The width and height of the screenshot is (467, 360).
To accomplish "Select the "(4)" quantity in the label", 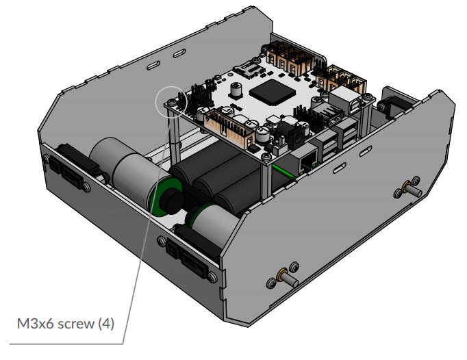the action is click(x=106, y=324).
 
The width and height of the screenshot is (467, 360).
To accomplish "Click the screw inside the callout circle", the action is click(x=172, y=103).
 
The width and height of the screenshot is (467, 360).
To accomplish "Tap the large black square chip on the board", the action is click(x=270, y=92).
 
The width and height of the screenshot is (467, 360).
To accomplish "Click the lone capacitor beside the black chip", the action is click(x=236, y=90).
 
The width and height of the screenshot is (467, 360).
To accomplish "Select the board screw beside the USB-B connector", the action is click(x=368, y=97).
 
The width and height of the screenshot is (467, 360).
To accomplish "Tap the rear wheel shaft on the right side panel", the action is click(x=412, y=188).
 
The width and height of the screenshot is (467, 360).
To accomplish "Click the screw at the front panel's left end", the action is click(x=46, y=158).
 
